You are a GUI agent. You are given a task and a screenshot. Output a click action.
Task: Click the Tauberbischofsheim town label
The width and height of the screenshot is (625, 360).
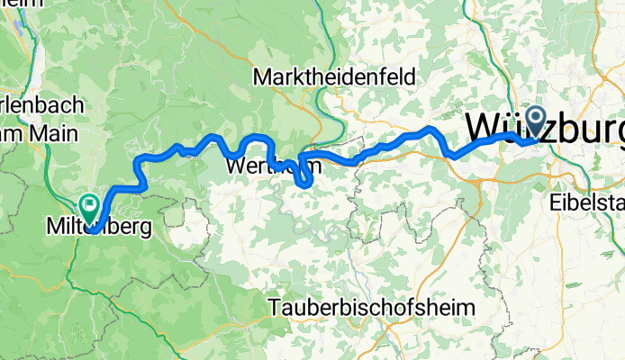371,308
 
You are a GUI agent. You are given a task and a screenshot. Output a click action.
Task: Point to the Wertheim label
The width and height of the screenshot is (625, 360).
261,167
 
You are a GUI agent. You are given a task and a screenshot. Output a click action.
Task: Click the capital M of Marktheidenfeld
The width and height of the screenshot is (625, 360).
263,78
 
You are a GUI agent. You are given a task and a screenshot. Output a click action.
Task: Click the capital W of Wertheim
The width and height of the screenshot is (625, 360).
233,167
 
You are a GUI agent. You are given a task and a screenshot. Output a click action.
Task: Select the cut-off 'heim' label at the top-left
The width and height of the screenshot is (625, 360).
21,4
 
